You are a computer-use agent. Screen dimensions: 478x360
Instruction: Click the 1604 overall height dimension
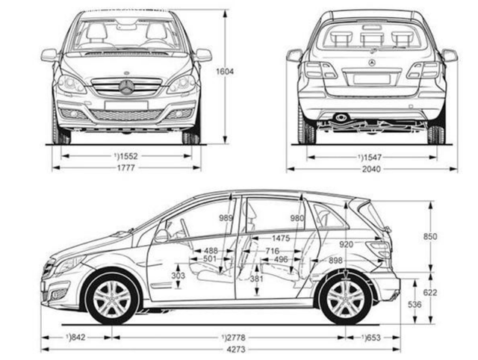tap(225, 72)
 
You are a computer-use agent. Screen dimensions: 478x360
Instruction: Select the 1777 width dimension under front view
tap(126, 167)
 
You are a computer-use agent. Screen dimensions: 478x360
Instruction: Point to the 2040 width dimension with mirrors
tap(371, 169)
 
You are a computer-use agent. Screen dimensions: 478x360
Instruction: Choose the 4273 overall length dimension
tap(236, 350)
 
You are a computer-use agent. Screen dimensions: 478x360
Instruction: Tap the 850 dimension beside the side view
tap(430, 237)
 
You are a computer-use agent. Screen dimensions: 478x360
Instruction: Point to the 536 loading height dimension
tap(415, 304)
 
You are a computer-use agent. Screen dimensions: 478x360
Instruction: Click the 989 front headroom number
tap(226, 218)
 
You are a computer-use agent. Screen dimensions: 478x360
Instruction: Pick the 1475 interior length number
tap(281, 238)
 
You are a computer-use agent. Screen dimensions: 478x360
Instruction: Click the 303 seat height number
tap(178, 276)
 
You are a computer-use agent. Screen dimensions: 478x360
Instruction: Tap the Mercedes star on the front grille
tap(126, 87)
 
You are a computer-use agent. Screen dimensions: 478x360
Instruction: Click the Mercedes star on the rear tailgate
tap(372, 63)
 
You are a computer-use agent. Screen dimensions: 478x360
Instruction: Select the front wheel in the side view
tap(112, 297)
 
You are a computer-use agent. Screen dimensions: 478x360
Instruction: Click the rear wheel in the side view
tap(346, 297)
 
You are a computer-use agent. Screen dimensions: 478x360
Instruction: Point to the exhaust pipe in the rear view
tap(339, 117)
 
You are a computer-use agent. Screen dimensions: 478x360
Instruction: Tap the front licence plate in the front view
tap(126, 105)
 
